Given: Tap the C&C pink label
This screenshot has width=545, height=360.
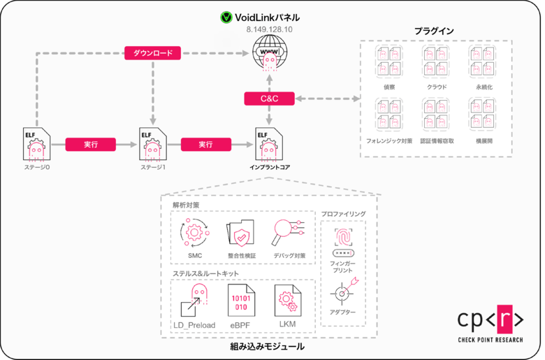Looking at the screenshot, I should [269, 99].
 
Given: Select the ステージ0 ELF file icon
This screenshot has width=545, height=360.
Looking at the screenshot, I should [35, 145].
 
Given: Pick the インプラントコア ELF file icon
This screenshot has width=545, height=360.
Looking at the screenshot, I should [269, 145].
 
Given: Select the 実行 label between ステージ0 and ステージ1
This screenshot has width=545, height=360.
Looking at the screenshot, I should [90, 145].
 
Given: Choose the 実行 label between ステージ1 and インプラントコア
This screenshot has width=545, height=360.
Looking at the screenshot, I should [205, 145].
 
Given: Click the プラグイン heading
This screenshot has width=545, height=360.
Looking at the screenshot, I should [434, 31].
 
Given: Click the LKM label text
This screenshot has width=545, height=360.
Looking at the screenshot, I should [287, 325].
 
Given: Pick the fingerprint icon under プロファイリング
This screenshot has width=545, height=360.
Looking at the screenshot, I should [342, 240].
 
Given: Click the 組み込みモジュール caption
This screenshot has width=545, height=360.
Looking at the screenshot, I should [271, 347].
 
